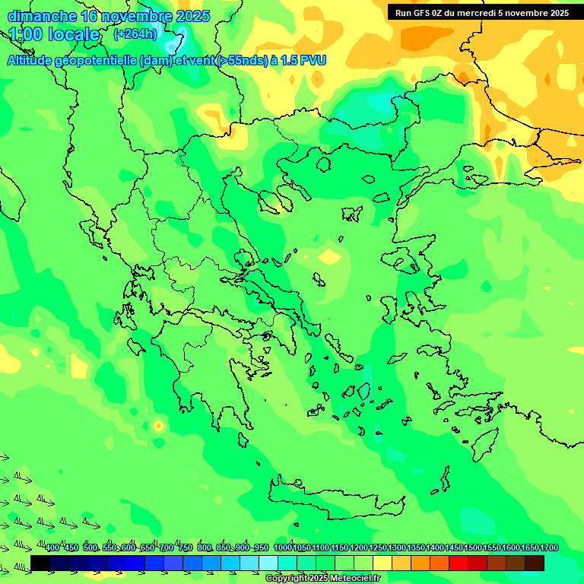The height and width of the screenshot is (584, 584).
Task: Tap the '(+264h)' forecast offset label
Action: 135,34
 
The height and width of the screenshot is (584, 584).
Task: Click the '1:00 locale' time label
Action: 54,35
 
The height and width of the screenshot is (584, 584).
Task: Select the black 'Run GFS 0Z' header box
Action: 482,12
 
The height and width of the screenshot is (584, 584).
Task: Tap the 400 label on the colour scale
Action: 52,547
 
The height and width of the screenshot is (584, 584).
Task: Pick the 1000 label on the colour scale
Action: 283,547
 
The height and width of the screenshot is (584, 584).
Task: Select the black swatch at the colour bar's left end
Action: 40,563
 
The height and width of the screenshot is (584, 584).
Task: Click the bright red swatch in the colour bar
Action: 459,563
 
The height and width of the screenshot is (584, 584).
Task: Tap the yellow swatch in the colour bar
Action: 382,563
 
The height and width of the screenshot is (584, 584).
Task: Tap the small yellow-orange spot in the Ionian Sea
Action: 158,426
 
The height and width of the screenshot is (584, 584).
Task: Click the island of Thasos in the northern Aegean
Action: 323,164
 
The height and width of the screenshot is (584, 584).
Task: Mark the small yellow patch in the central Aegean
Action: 330,257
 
